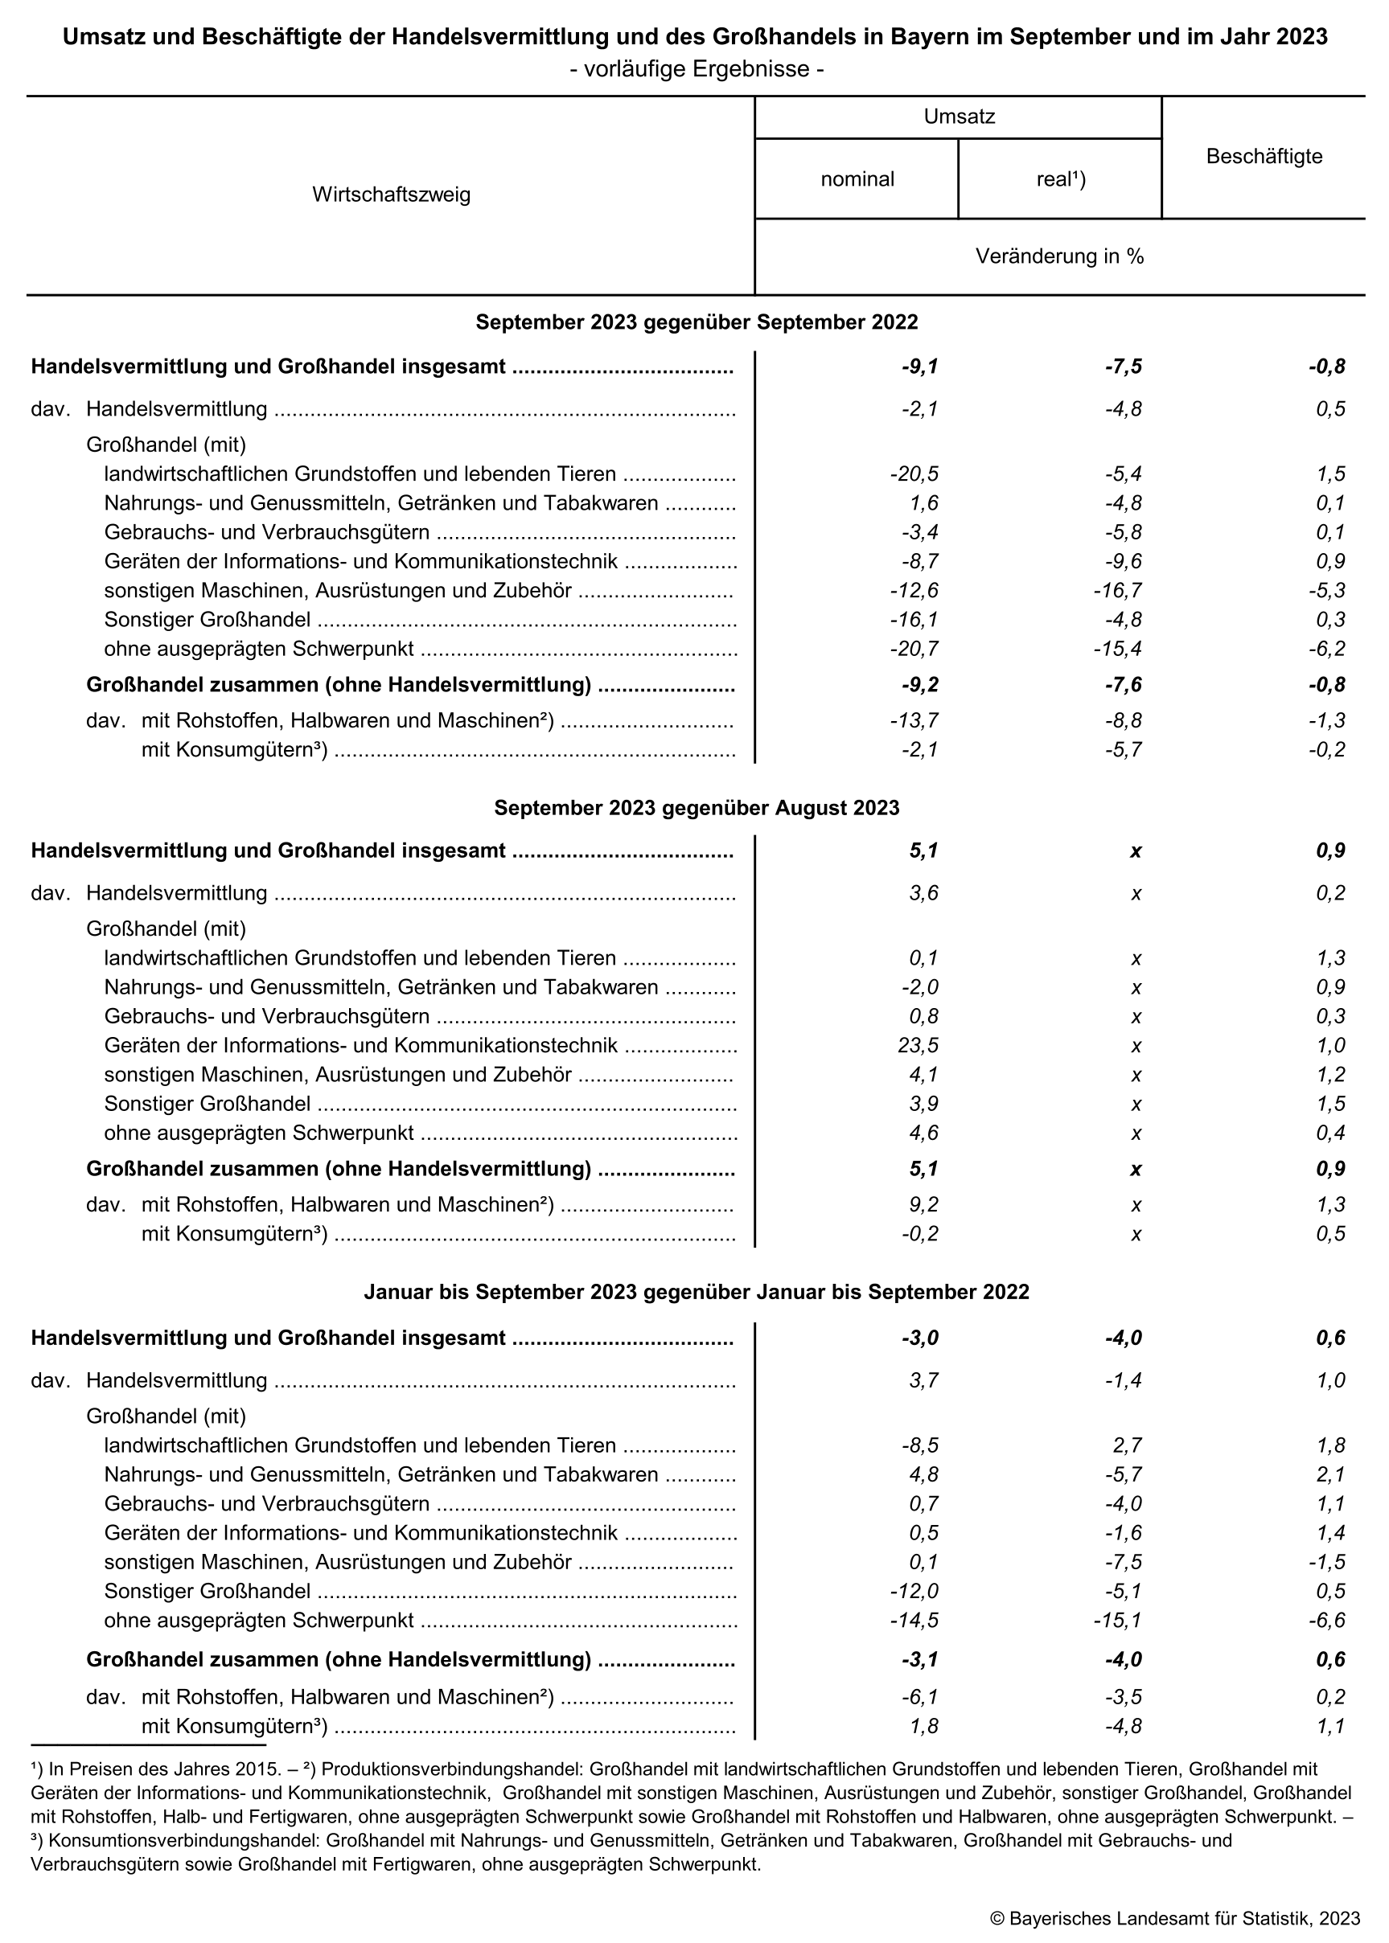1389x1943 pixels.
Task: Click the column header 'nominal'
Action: (x=857, y=179)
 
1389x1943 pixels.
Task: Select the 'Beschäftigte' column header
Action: (x=1264, y=157)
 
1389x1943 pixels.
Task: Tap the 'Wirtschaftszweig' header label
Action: (x=391, y=195)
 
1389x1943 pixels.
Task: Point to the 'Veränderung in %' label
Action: (x=1059, y=256)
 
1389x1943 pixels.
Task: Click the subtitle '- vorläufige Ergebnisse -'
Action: (x=696, y=69)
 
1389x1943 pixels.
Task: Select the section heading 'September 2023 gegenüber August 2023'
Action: (x=697, y=808)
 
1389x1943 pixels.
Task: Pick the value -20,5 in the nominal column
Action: (x=914, y=474)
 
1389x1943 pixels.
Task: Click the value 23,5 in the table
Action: (x=919, y=1045)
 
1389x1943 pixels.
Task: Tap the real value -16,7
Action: (x=1117, y=591)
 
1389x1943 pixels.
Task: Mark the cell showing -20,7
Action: (x=914, y=649)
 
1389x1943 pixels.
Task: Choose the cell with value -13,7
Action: (x=914, y=720)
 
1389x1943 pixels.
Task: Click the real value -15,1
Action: (x=1117, y=1620)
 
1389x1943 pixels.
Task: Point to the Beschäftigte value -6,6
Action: (x=1326, y=1620)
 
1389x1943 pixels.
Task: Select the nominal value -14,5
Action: (x=914, y=1620)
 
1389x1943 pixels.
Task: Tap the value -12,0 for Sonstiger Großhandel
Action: (x=914, y=1591)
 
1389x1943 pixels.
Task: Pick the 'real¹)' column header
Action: (x=1061, y=179)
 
